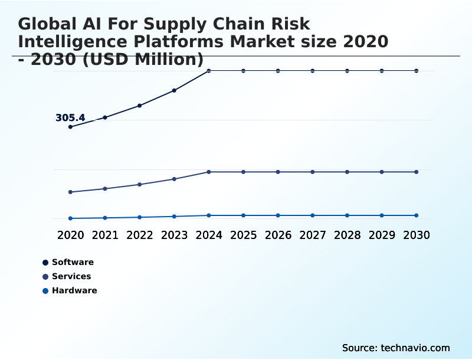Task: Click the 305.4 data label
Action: point(70,118)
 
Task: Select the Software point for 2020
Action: point(70,127)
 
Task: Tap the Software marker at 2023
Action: point(174,90)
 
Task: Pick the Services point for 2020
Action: point(70,192)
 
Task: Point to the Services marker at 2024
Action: point(209,172)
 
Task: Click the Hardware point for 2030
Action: point(417,215)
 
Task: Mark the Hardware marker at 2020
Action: point(70,218)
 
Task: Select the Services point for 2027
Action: point(313,172)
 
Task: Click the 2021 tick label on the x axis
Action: point(105,235)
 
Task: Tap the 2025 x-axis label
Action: point(243,235)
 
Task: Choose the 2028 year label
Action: point(347,235)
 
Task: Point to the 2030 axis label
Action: point(417,235)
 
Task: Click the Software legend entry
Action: point(73,262)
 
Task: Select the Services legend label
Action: point(71,276)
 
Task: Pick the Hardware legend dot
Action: point(45,290)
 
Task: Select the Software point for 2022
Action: point(139,106)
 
